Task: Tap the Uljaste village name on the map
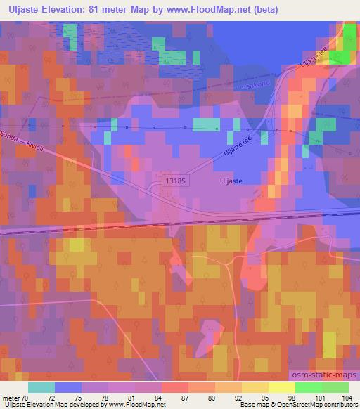(227, 181)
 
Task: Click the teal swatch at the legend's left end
(41, 387)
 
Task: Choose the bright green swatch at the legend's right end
(335, 387)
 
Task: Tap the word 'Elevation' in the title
(73, 10)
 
